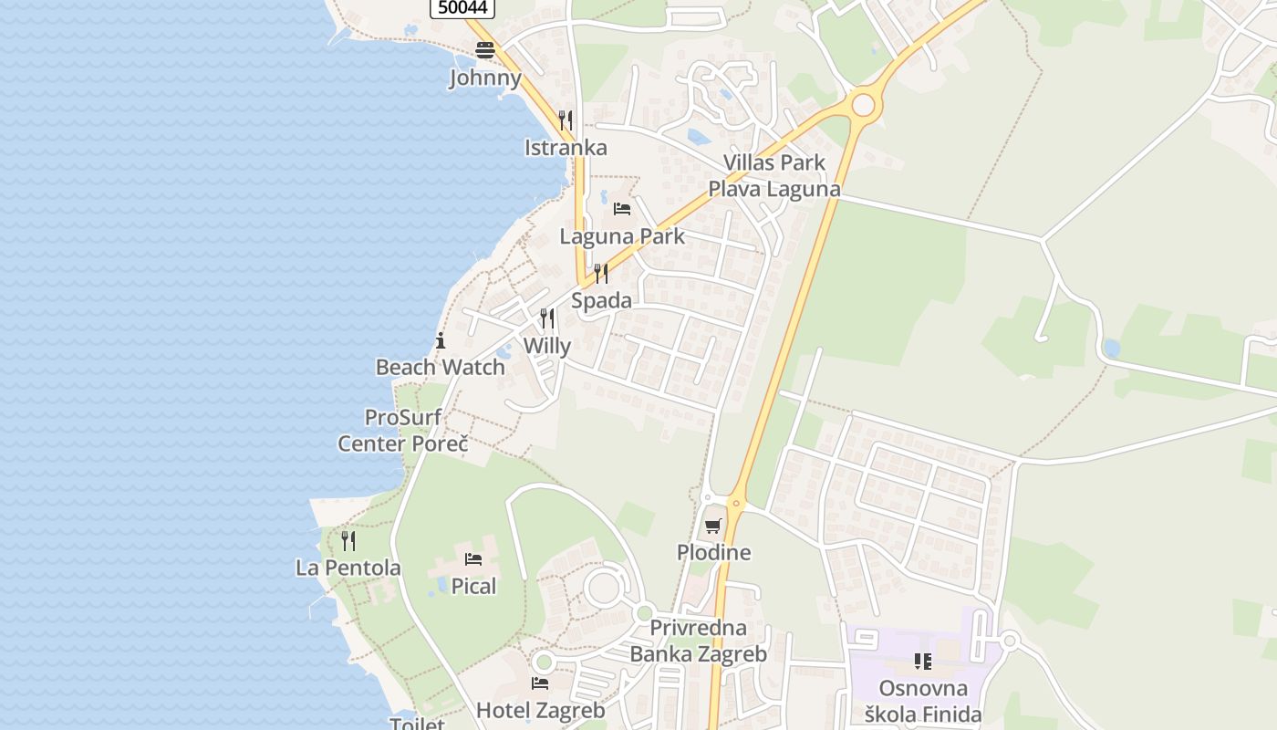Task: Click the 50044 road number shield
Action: point(462,7)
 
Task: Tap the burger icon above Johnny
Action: point(484,50)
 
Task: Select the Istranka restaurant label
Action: point(566,147)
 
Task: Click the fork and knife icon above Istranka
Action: point(566,120)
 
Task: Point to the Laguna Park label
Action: point(621,236)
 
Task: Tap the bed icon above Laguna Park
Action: point(622,209)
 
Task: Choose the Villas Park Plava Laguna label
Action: point(773,176)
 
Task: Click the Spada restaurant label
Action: point(601,300)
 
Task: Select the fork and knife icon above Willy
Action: point(547,318)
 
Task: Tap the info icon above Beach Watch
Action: point(441,341)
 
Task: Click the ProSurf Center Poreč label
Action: point(402,431)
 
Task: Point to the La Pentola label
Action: point(348,568)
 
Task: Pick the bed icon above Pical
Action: point(473,558)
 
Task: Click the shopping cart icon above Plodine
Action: point(713,526)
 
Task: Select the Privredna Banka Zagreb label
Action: point(699,641)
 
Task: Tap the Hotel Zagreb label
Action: point(540,710)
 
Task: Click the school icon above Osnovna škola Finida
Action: point(922,661)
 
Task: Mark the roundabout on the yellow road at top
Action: point(863,105)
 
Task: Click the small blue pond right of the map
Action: point(1110,348)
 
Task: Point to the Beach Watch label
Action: point(440,367)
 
